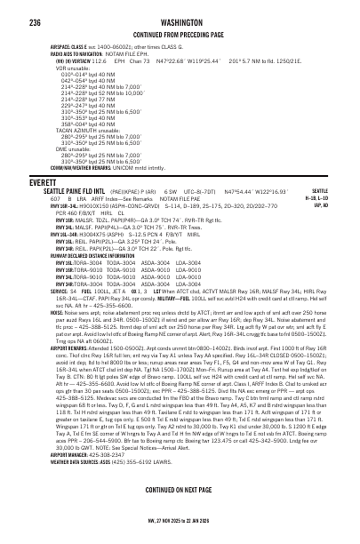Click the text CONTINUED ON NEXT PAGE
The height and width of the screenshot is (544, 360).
(x=181, y=516)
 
